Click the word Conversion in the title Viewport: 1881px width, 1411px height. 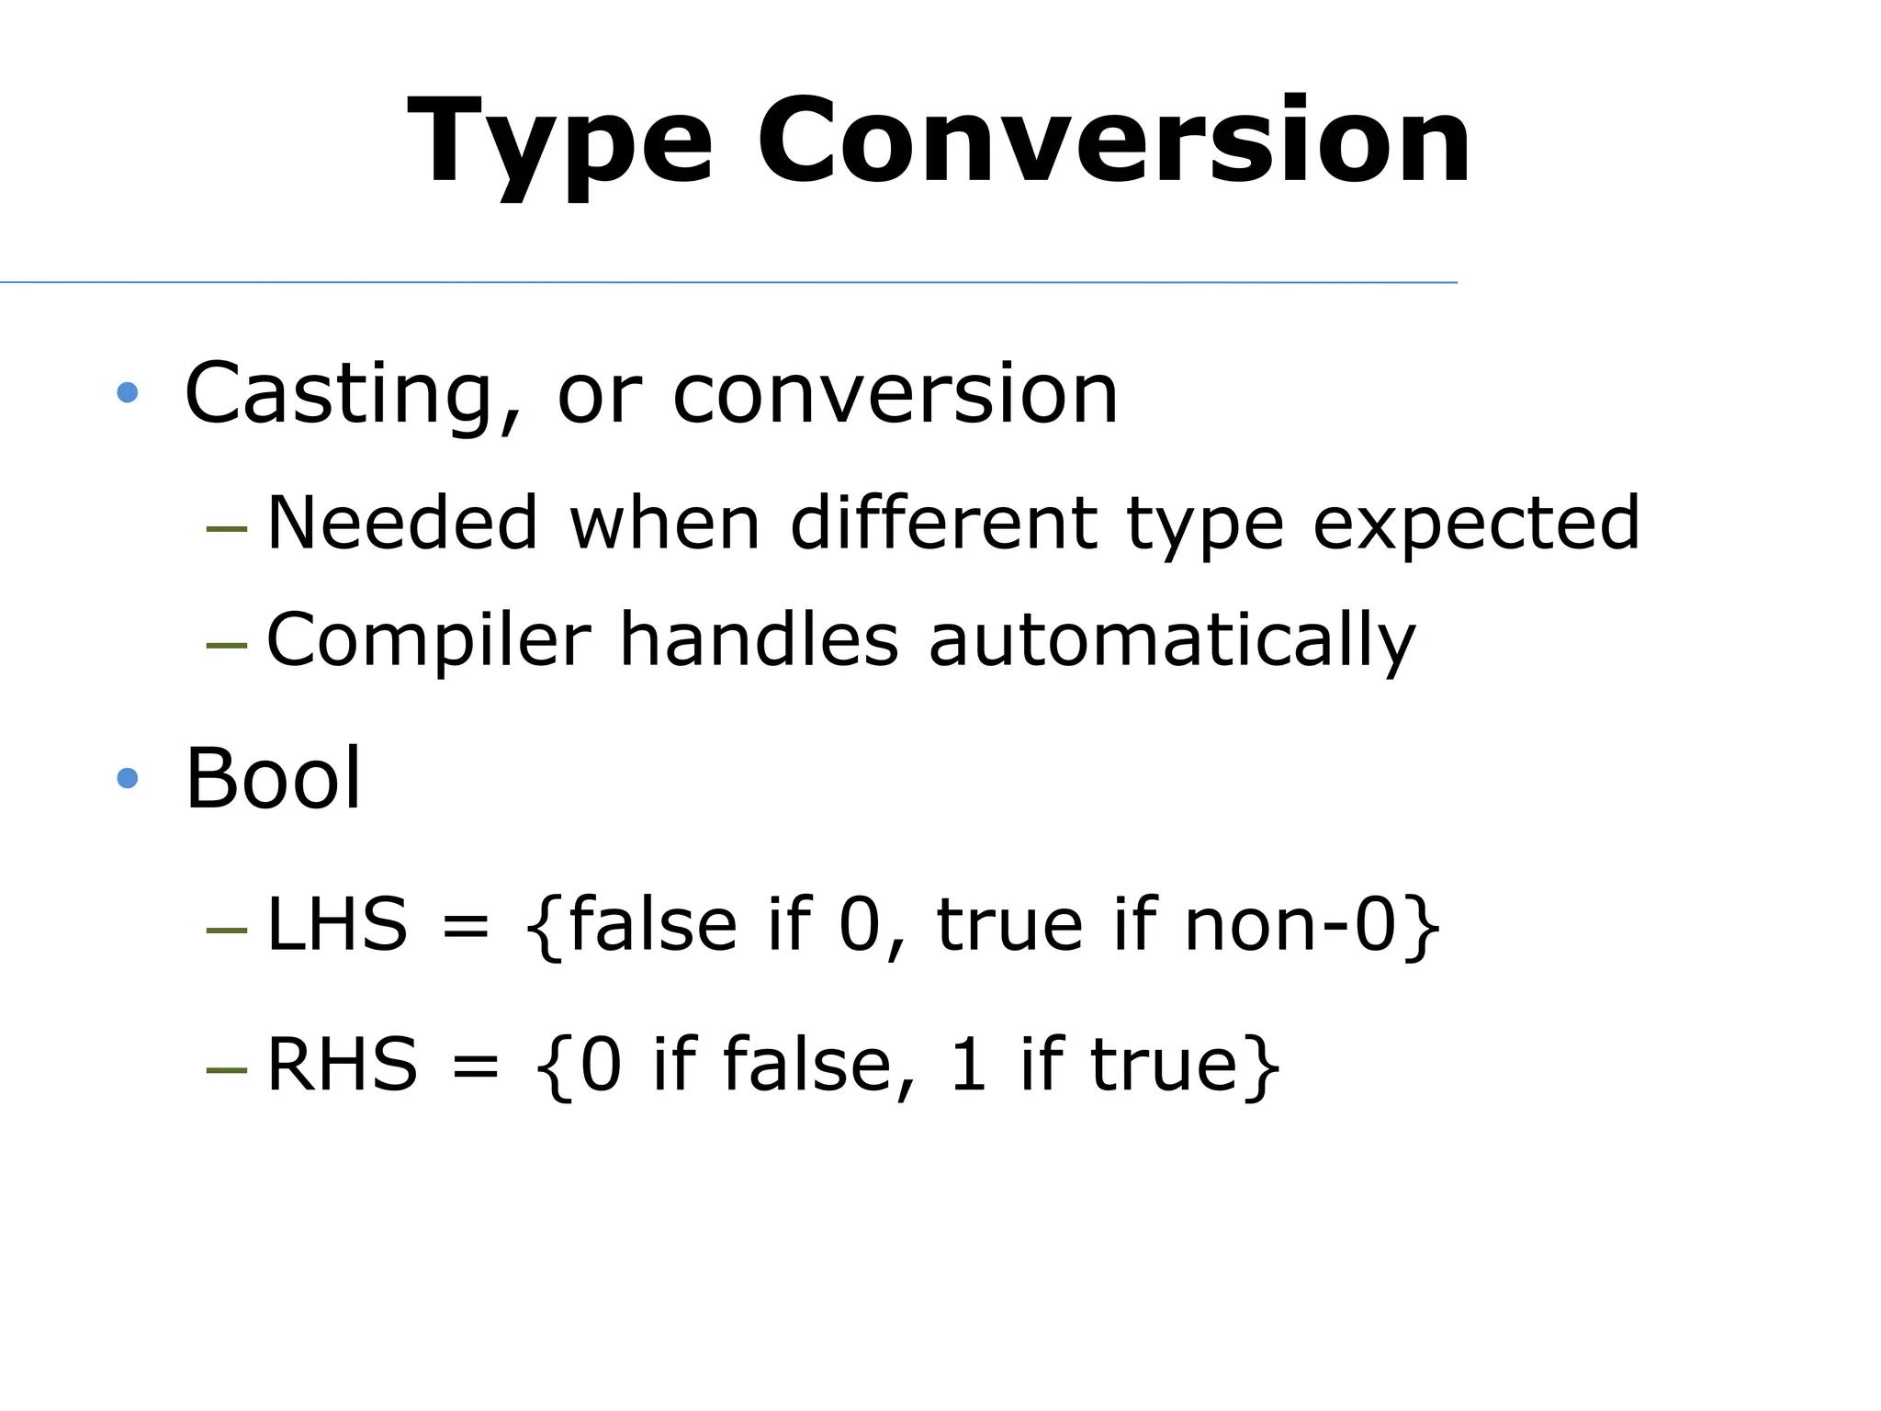point(1113,142)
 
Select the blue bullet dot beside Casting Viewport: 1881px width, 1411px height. point(128,393)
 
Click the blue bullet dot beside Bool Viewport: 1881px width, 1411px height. point(128,779)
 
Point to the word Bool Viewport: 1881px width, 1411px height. point(274,779)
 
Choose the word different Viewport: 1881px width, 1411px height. point(943,523)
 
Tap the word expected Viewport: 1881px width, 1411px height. point(1476,525)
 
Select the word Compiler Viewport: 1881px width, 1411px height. point(428,641)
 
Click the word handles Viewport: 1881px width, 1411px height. point(759,639)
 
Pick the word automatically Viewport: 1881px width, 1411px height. point(1172,641)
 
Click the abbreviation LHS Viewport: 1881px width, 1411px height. point(336,924)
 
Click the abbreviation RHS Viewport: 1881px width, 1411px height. point(342,1065)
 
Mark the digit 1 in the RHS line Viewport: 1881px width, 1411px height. point(968,1065)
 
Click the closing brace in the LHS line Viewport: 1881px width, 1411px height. point(1423,926)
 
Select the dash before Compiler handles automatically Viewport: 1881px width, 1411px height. point(227,645)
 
